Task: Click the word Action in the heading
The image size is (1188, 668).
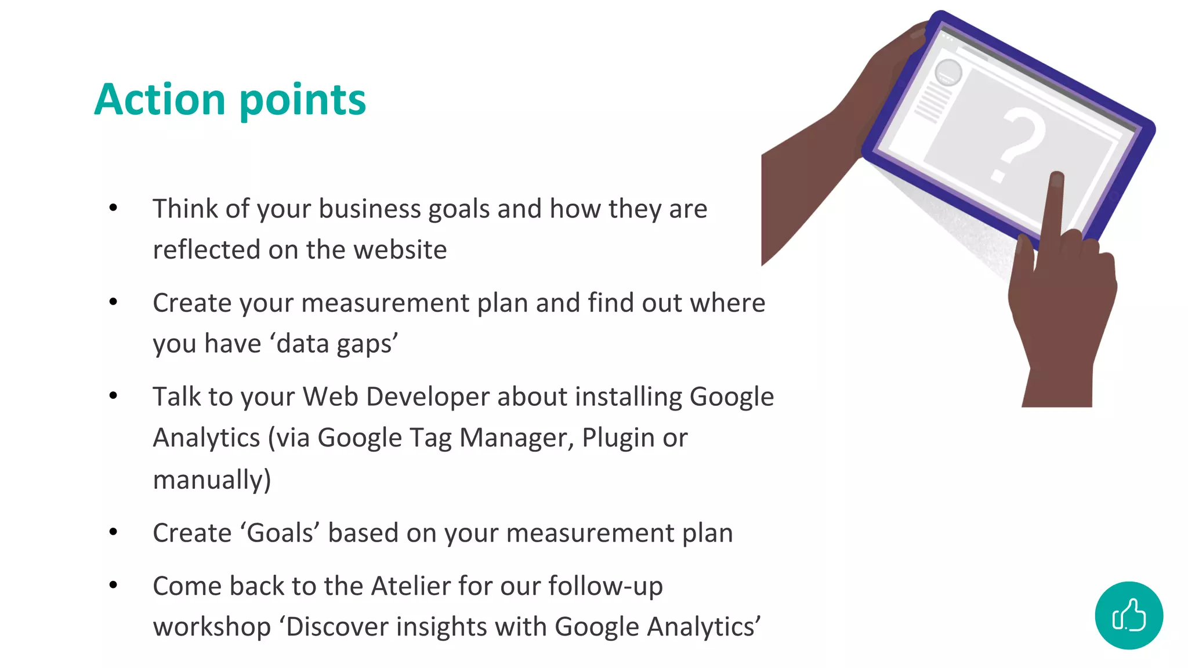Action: tap(160, 100)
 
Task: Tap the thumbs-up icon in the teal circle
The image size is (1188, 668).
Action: tap(1129, 615)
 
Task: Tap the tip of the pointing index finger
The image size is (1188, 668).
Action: tap(1057, 177)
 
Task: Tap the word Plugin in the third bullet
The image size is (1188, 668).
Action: tap(618, 438)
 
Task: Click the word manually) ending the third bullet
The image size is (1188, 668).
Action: tap(212, 480)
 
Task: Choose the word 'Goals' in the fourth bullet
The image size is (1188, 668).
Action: tap(280, 533)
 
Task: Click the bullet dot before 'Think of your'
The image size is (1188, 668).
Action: tap(113, 208)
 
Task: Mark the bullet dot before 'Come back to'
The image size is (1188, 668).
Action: tap(113, 585)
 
